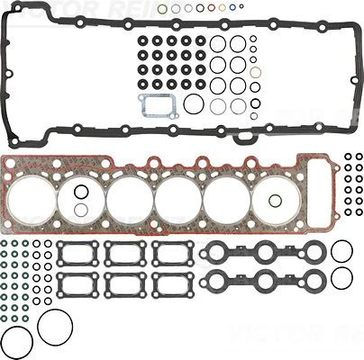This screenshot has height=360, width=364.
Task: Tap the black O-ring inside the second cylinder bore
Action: click(81, 191)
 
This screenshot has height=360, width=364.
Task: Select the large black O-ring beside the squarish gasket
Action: click(193, 104)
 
